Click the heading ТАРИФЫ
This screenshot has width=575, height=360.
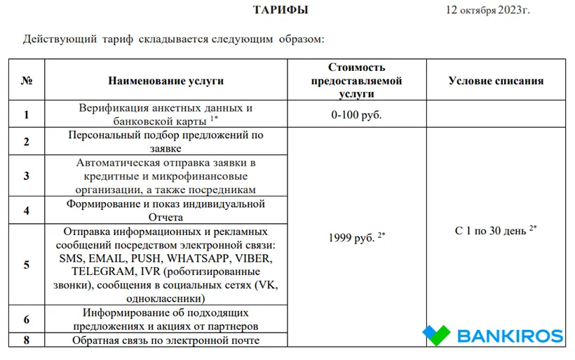[x=280, y=10]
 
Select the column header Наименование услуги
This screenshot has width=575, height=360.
[x=166, y=81]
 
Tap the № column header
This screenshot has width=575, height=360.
[x=27, y=81]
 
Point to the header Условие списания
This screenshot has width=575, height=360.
[x=496, y=81]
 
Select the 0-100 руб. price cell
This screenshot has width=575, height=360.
[x=356, y=115]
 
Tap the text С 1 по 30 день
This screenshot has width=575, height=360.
[x=491, y=231]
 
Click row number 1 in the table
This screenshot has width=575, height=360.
[x=27, y=115]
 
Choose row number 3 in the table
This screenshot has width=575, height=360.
[x=27, y=175]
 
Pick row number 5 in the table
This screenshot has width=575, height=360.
[x=27, y=265]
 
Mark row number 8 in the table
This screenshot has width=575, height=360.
[x=27, y=340]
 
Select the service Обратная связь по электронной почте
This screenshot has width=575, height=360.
[x=166, y=340]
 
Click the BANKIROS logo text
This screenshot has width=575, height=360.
[x=510, y=336]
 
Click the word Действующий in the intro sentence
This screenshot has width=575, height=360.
[x=60, y=39]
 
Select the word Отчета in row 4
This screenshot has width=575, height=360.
[x=166, y=218]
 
